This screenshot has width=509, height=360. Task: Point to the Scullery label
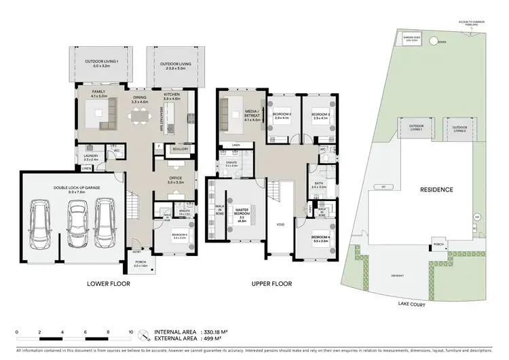click(x=180, y=149)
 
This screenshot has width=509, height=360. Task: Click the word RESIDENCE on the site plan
click(x=435, y=190)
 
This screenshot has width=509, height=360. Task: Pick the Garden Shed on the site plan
click(x=412, y=39)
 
